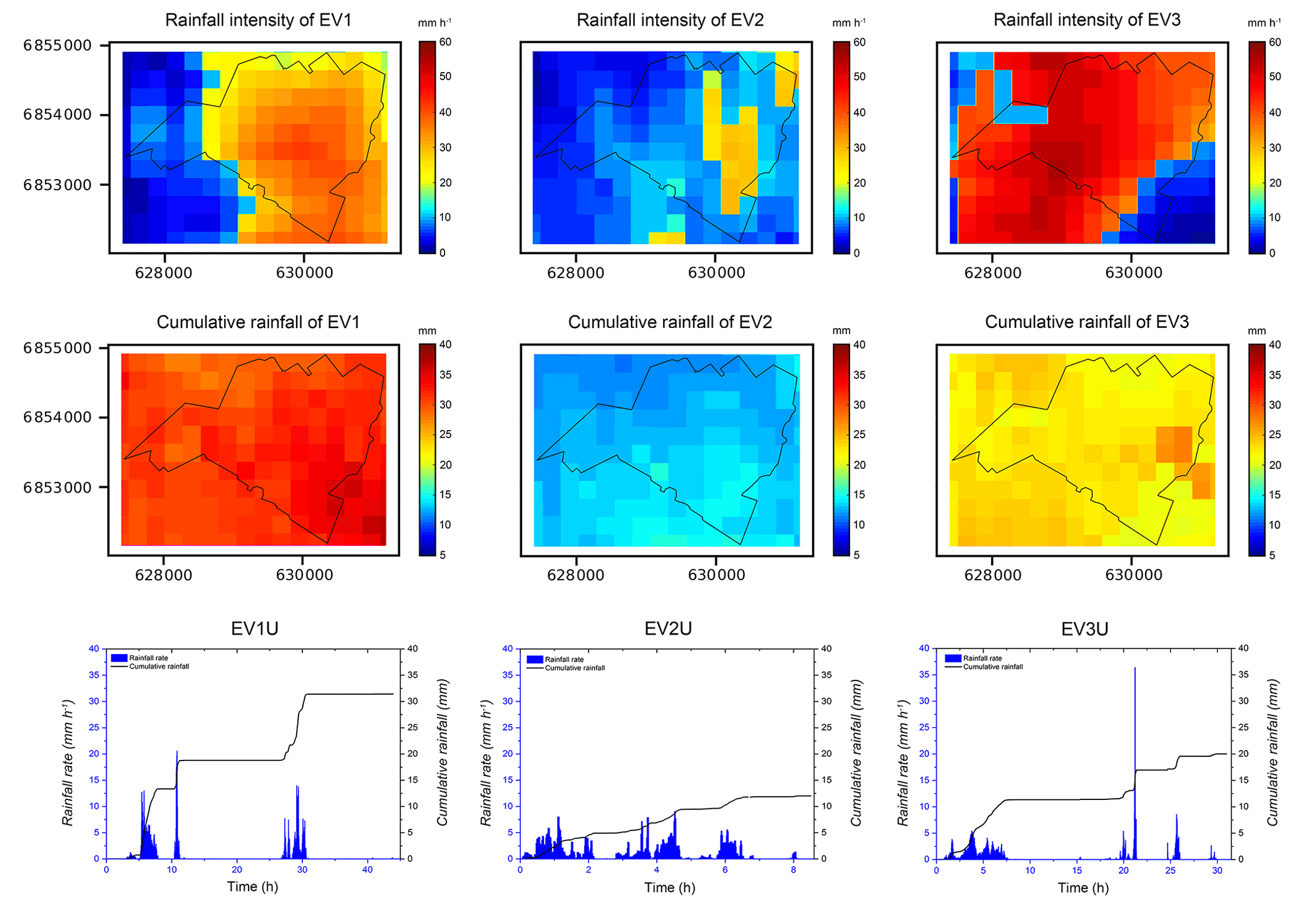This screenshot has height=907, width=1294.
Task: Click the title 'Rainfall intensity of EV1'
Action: [258, 20]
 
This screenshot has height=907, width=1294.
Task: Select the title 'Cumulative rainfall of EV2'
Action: [670, 322]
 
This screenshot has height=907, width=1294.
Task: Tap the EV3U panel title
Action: [1085, 629]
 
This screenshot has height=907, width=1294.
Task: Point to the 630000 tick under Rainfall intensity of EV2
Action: [716, 273]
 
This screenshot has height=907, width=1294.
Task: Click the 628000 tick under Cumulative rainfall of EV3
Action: [993, 575]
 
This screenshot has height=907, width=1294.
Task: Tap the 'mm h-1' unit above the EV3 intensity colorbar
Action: [1264, 23]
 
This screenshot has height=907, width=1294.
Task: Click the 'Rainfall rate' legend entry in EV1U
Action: [148, 658]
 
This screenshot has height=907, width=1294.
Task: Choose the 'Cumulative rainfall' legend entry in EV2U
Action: [575, 668]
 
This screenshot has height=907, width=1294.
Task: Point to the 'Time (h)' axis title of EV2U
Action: [670, 888]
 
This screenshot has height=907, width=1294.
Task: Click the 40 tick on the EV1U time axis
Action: [367, 869]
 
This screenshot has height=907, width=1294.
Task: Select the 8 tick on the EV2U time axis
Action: [793, 869]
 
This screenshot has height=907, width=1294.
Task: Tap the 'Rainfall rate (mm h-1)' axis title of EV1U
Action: [69, 754]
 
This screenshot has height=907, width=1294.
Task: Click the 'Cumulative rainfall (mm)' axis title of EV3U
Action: [1273, 754]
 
